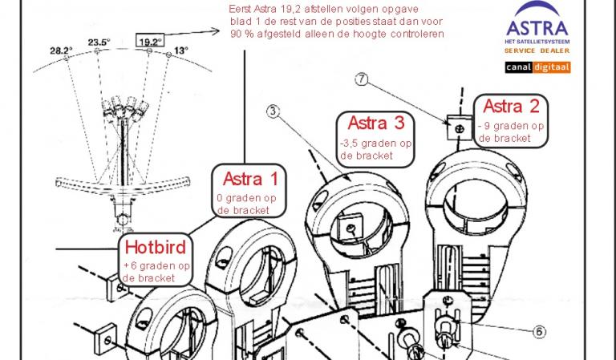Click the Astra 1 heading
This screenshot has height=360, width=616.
point(250,179)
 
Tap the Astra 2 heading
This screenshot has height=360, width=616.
point(511,106)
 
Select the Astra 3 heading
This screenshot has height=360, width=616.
point(376,123)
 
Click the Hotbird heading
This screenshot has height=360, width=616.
point(155,247)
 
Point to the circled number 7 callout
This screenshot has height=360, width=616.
point(362,79)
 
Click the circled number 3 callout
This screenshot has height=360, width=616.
point(273,111)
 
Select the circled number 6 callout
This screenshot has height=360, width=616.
point(539,332)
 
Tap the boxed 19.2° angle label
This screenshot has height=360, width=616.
point(150,40)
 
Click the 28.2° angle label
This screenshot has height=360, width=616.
point(61,51)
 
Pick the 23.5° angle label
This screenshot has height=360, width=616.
point(99,42)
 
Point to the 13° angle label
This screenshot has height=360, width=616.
point(181,51)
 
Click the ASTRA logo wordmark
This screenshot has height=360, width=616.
point(537,28)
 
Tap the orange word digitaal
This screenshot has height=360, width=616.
point(551,67)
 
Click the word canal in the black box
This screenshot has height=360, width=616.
point(519,67)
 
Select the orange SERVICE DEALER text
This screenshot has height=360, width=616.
point(537,51)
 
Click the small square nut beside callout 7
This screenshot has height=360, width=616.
point(460,128)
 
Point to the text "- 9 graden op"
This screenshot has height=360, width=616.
point(511,126)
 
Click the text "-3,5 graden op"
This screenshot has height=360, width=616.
point(375,144)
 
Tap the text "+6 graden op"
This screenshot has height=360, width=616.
point(156,265)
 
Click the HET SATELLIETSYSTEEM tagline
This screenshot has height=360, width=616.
point(537,42)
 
